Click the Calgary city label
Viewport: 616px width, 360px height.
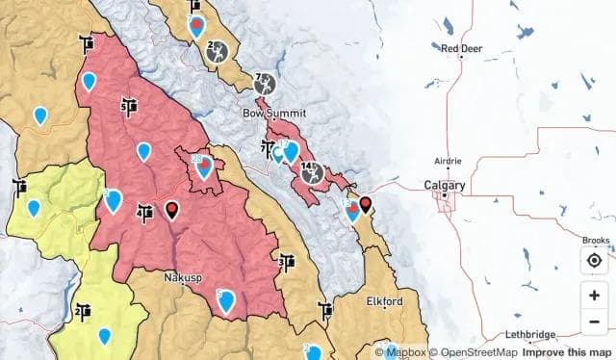click(445, 185)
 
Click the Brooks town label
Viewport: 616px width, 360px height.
click(596, 241)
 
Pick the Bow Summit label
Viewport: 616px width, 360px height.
click(273, 114)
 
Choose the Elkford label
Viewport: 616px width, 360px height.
click(384, 301)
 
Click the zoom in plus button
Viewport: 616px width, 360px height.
click(594, 295)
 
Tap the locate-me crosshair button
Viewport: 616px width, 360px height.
click(594, 261)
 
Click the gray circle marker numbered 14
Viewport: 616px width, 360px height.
click(309, 173)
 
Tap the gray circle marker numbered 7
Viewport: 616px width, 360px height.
click(264, 83)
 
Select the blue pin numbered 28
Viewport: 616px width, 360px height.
click(204, 166)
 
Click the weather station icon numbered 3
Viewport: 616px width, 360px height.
click(286, 261)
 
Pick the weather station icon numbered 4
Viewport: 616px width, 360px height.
click(145, 211)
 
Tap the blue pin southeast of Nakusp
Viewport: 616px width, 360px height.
click(226, 300)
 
